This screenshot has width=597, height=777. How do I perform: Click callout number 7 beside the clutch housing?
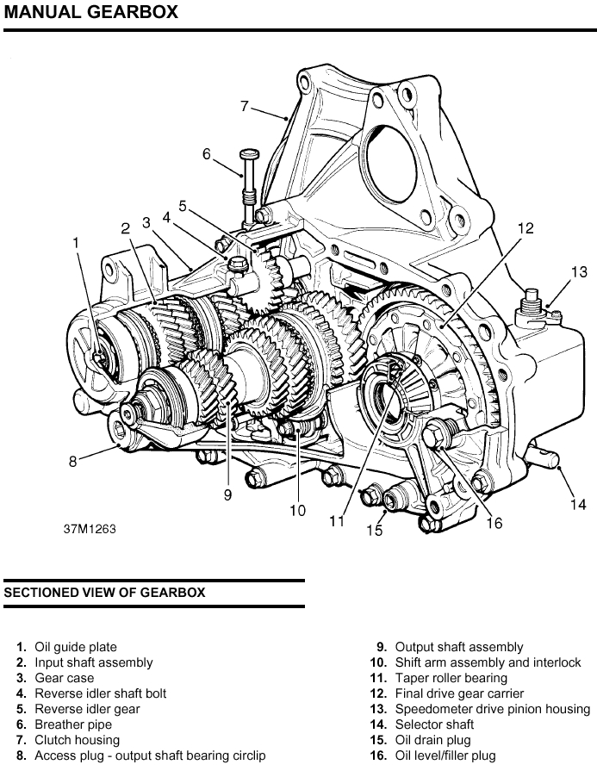coord(245,107)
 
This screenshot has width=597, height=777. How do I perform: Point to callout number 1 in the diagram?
coord(76,244)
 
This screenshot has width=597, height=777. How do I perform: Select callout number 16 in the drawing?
coord(494,522)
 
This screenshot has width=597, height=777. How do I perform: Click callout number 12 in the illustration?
coord(525,228)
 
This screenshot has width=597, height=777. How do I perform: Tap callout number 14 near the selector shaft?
coord(578,505)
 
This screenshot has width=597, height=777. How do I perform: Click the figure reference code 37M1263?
coord(89,528)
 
